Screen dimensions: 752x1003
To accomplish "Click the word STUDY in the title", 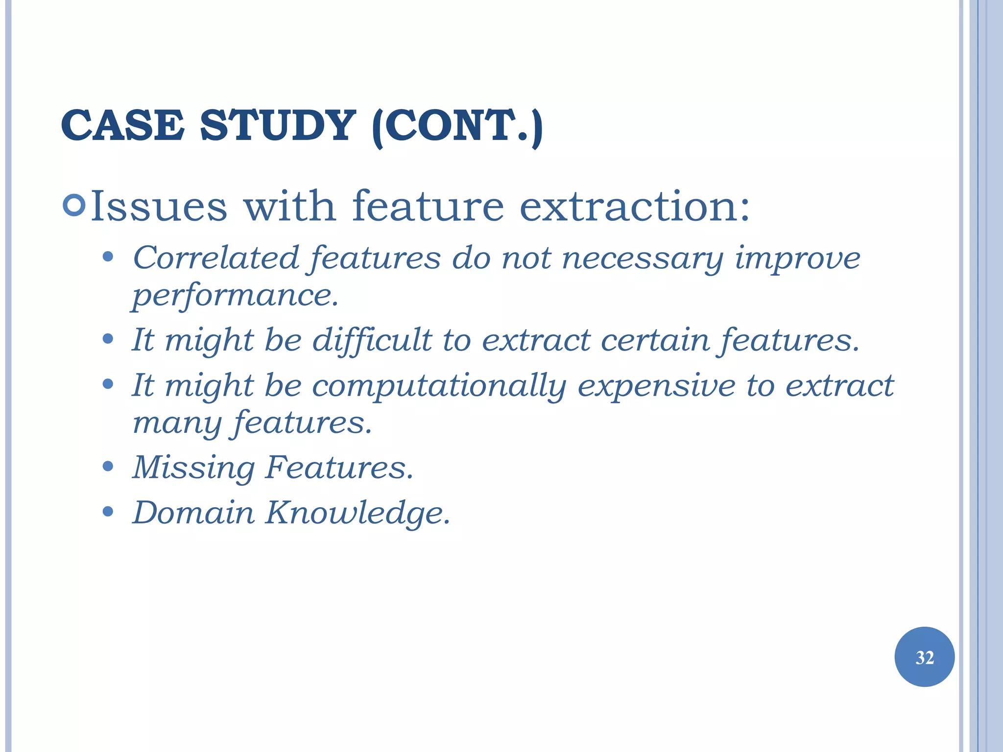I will point(277,126).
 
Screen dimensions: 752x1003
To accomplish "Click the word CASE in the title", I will point(122,126).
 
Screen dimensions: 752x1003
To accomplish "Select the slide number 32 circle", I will point(924,657).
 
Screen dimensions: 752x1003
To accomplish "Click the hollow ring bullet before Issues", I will point(74,206).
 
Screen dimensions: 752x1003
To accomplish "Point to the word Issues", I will point(159,207).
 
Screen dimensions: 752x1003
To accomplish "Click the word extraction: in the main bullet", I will point(634,207).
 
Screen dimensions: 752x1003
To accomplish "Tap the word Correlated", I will point(216,258).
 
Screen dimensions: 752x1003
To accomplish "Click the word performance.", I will point(236,296).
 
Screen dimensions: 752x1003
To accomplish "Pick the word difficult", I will point(372,340).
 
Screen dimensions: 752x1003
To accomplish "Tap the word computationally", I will point(439,386).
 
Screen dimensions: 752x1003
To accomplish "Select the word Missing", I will point(194,468).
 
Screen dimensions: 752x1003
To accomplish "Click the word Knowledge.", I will point(357,513).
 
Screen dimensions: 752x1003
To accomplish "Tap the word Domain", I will point(194,513).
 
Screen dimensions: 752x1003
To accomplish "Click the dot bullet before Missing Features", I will point(108,466).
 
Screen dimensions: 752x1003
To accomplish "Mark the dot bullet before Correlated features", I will point(108,257).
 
